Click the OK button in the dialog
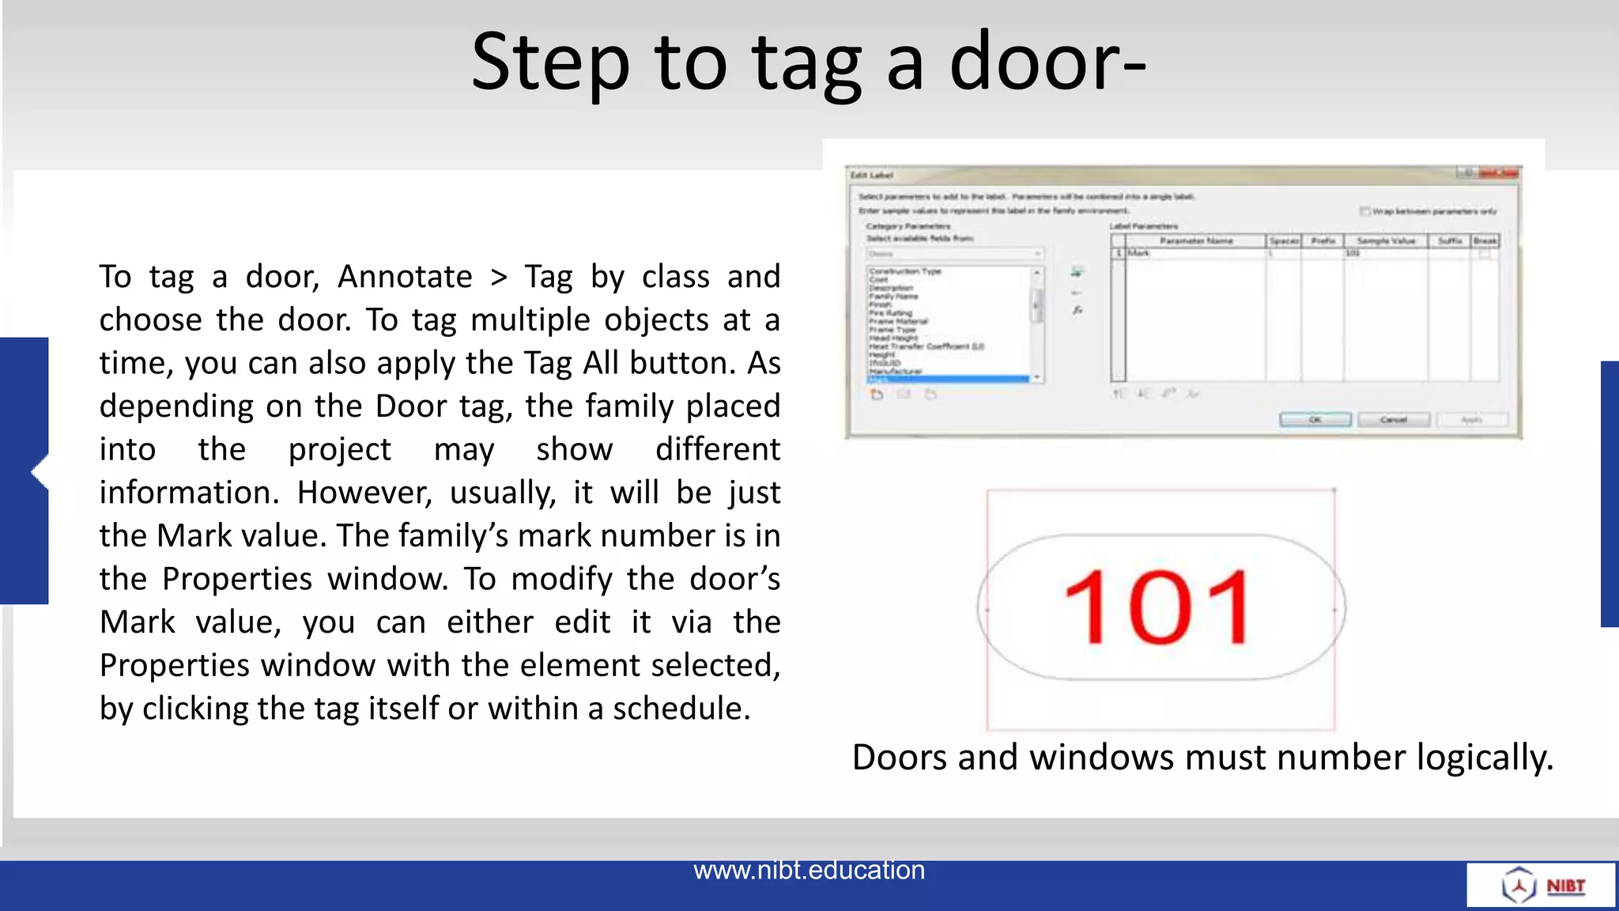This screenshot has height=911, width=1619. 1315,419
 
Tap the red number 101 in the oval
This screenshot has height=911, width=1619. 1157,608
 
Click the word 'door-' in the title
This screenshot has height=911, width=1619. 1047,62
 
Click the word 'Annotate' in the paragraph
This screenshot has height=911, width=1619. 405,277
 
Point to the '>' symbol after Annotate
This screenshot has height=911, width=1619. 498,278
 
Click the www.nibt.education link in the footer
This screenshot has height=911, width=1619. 809,870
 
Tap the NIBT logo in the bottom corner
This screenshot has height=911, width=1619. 1542,886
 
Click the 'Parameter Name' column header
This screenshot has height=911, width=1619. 1196,240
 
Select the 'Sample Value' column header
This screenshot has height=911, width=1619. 1386,240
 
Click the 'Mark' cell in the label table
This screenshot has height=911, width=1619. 1139,253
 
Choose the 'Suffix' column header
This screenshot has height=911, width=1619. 1450,240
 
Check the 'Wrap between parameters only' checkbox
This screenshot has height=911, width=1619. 1364,211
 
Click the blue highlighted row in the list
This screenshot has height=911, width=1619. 949,380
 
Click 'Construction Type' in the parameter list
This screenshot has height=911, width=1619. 905,271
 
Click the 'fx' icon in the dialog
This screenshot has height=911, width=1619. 1077,311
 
